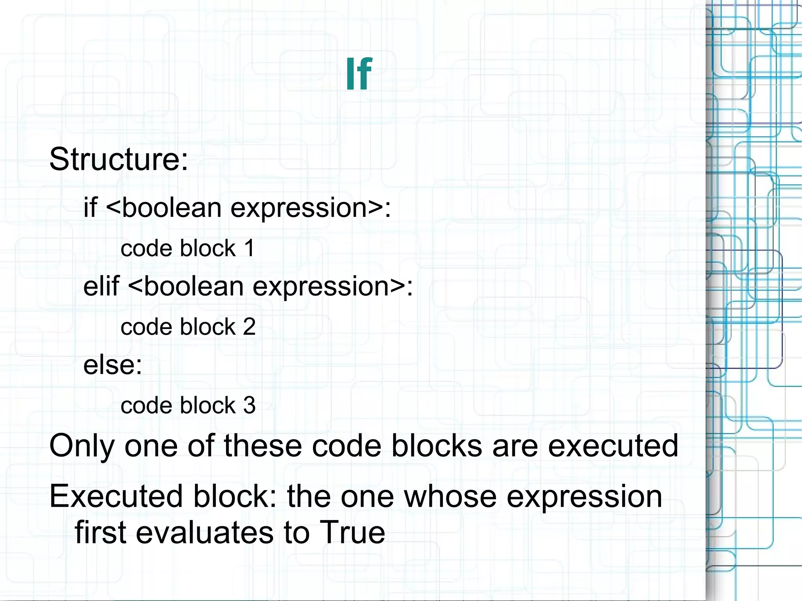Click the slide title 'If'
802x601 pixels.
(x=358, y=74)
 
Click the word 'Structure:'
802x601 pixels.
(x=119, y=159)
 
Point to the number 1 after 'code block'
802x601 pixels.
(x=249, y=248)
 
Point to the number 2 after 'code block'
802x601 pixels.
(x=249, y=327)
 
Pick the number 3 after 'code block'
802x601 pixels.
(x=249, y=405)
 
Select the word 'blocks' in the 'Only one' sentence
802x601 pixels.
(x=437, y=446)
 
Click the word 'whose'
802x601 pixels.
(x=450, y=496)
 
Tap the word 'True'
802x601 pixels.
(x=352, y=532)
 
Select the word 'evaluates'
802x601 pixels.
(x=204, y=532)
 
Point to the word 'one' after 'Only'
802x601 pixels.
(x=151, y=446)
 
